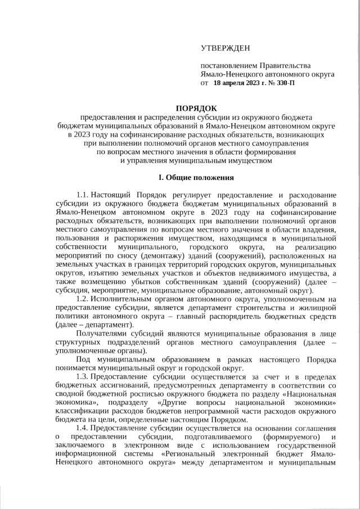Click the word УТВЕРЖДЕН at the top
tap(225, 50)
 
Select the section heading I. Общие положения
tap(195, 178)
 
